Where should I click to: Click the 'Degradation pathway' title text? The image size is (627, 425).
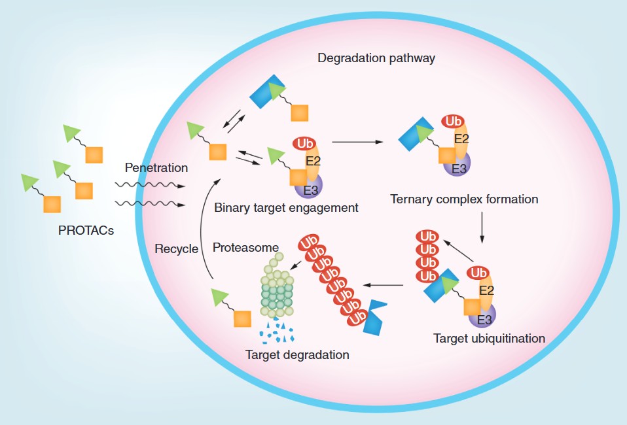pyautogui.click(x=376, y=58)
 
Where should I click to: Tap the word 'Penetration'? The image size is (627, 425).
pyautogui.click(x=156, y=168)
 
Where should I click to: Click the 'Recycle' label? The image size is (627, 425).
pyautogui.click(x=176, y=248)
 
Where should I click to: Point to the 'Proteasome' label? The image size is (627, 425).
pyautogui.click(x=245, y=248)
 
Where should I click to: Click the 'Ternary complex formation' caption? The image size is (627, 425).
pyautogui.click(x=464, y=199)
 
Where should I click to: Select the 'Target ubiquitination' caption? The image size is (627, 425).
pyautogui.click(x=489, y=339)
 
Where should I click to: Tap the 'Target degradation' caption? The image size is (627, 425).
pyautogui.click(x=297, y=355)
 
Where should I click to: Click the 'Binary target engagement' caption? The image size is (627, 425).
pyautogui.click(x=286, y=208)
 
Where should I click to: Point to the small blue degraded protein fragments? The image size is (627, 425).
pyautogui.click(x=277, y=332)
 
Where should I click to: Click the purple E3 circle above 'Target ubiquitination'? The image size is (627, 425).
pyautogui.click(x=484, y=317)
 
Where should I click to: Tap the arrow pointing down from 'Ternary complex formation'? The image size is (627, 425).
pyautogui.click(x=482, y=226)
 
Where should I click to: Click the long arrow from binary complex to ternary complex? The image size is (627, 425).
pyautogui.click(x=357, y=141)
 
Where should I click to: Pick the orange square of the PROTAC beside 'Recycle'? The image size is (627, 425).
pyautogui.click(x=242, y=319)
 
